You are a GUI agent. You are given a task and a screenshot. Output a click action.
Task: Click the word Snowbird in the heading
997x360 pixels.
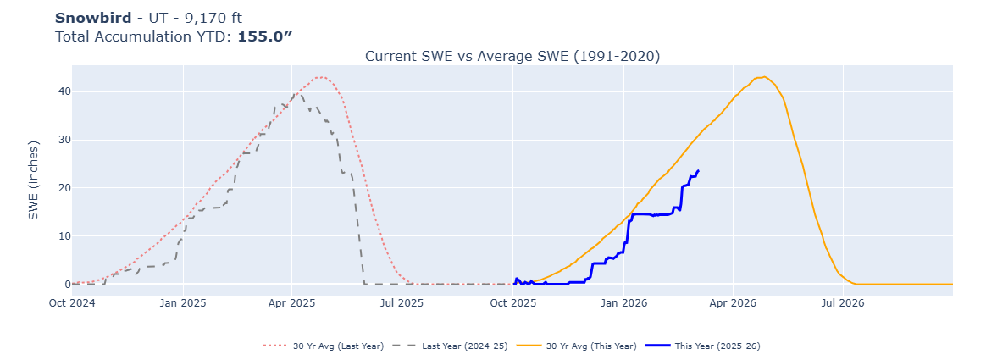click(x=93, y=18)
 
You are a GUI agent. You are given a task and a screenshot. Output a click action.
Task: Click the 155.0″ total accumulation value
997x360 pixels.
click(x=264, y=36)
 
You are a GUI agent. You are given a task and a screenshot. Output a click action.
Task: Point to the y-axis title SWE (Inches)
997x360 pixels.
click(x=34, y=180)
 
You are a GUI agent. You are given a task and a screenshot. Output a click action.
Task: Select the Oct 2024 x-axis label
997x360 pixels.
click(x=72, y=302)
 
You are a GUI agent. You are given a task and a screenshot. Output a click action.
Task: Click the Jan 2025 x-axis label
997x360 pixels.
click(x=182, y=302)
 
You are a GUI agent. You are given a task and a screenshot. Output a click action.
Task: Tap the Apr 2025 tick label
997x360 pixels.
click(x=291, y=302)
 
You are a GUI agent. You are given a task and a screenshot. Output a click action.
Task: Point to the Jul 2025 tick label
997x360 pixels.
click(x=402, y=302)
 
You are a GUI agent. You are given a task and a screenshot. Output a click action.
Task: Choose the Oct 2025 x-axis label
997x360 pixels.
click(x=512, y=302)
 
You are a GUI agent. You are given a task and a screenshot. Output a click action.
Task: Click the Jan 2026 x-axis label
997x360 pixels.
click(x=623, y=302)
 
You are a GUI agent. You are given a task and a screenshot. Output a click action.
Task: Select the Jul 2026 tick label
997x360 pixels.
click(x=842, y=302)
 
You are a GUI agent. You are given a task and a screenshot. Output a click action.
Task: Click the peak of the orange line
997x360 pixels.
click(x=764, y=77)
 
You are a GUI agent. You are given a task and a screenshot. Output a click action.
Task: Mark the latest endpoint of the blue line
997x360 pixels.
click(x=698, y=170)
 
